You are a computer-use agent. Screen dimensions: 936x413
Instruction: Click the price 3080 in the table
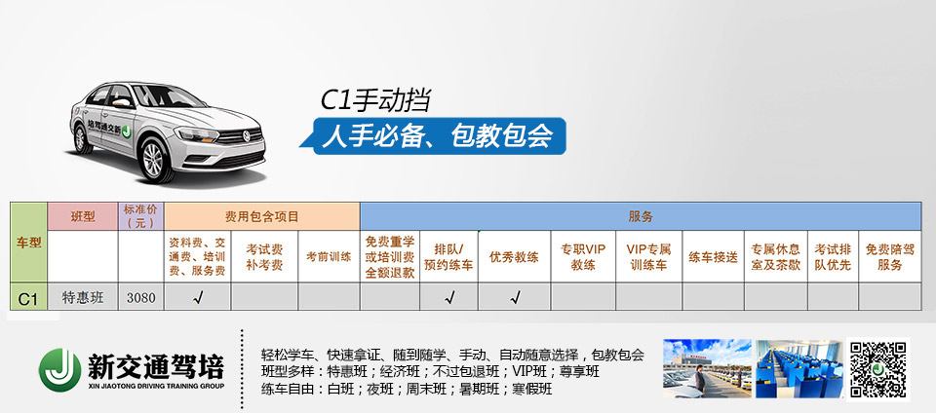click(140, 297)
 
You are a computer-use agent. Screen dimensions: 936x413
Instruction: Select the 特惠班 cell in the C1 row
click(82, 297)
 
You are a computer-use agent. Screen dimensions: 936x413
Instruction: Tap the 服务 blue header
click(641, 216)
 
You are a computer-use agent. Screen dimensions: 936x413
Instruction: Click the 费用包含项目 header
click(262, 216)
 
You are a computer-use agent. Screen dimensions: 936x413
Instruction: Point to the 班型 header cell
click(82, 216)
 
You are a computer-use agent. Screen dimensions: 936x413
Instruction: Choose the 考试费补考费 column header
click(264, 257)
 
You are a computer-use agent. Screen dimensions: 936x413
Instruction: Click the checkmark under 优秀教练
click(515, 297)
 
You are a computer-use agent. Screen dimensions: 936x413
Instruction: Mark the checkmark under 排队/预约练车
click(448, 297)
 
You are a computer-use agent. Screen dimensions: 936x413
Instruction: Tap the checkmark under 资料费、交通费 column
click(198, 297)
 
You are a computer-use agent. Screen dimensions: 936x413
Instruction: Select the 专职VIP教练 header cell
click(583, 257)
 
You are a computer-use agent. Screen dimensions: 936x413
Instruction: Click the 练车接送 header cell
click(713, 257)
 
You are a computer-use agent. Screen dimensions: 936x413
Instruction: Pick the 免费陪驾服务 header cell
click(889, 257)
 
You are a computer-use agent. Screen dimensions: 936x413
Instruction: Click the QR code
click(878, 369)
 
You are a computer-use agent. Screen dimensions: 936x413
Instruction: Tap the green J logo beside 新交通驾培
click(60, 369)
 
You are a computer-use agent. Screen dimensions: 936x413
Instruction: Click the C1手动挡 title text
click(375, 100)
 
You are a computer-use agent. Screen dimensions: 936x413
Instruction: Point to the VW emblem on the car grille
click(246, 136)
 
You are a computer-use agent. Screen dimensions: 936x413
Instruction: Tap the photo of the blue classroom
click(799, 369)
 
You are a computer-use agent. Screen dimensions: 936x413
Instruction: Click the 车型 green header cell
click(28, 243)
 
